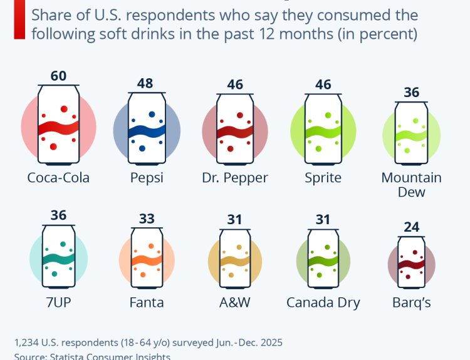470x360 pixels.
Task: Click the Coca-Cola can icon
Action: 58,126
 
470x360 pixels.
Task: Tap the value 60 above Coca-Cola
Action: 58,76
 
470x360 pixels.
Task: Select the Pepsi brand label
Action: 147,177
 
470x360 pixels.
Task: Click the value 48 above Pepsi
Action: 145,83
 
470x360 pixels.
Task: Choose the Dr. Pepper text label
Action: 235,177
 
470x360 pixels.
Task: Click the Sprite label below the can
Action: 323,177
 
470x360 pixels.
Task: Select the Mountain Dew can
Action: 412,133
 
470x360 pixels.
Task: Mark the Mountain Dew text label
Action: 412,184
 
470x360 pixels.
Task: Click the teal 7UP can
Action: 58,257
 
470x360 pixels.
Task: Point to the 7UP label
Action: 58,302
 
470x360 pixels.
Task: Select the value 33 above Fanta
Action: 147,219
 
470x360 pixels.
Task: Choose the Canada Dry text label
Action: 323,302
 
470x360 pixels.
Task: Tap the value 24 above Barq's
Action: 412,227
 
